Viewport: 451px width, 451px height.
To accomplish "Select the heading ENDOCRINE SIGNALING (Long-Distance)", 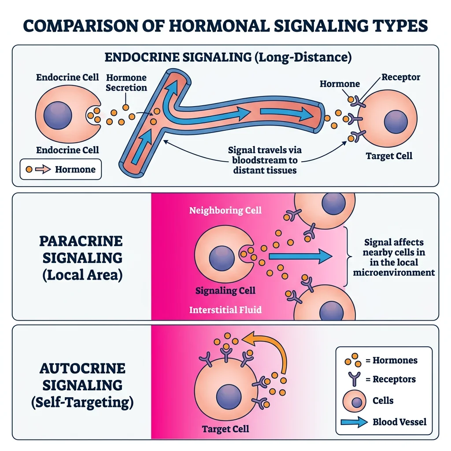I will tap(227, 58).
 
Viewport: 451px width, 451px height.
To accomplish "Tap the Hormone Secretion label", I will tap(126, 82).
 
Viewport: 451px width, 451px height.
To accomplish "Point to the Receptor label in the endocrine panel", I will tap(400, 78).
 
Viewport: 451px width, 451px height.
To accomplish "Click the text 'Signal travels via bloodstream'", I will tap(265, 155).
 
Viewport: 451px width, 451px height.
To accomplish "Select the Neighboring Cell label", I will tap(225, 210).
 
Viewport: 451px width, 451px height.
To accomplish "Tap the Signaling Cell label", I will tap(225, 291).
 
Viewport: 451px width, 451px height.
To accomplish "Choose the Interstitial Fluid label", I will tap(225, 310).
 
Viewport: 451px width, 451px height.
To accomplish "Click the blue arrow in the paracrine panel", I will tap(299, 256).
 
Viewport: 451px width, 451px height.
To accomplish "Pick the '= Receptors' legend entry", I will tap(390, 379).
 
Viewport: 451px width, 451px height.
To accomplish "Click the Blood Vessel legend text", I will tap(399, 421).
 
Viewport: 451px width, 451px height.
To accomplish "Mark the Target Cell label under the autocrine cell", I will tap(225, 429).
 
